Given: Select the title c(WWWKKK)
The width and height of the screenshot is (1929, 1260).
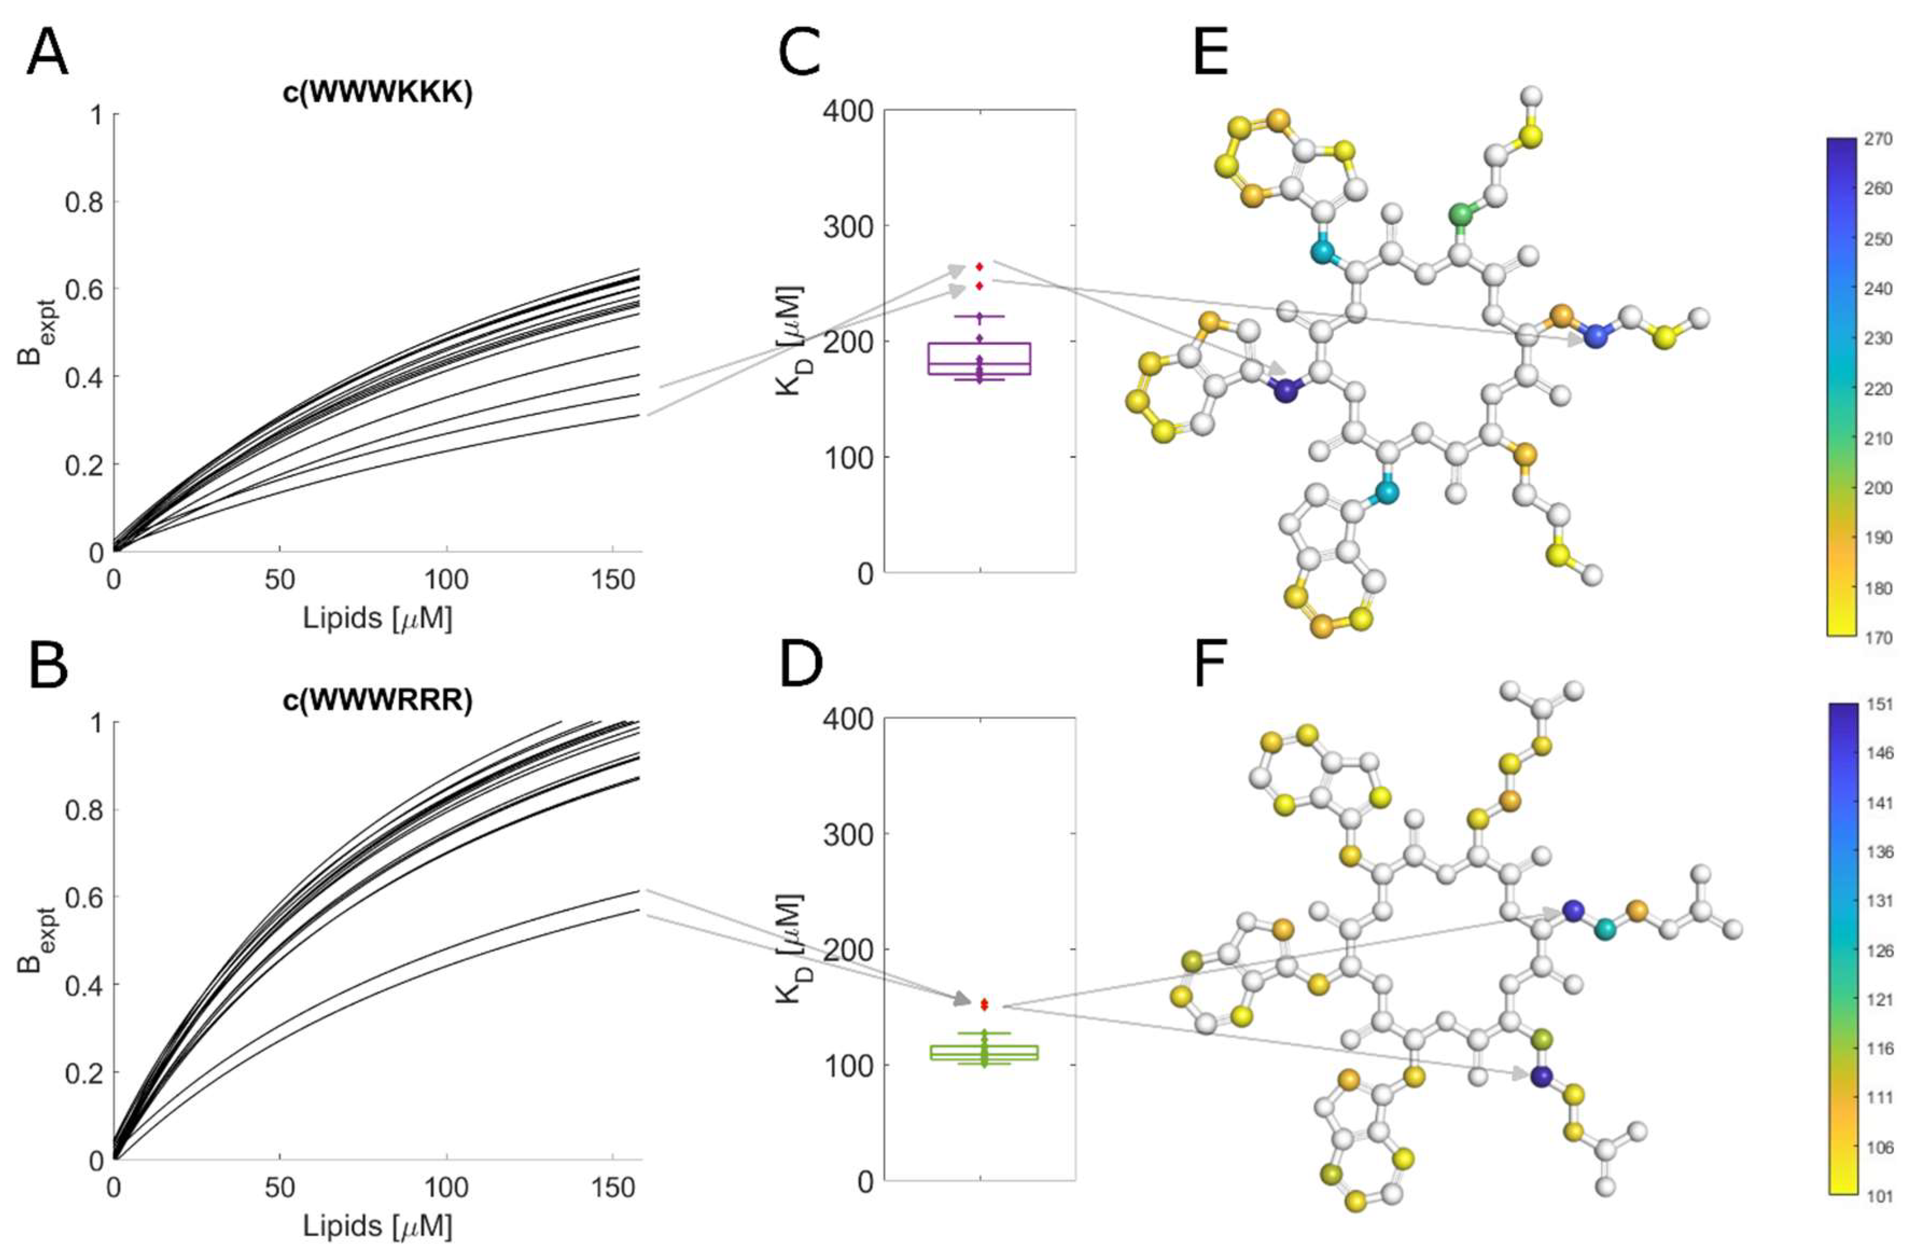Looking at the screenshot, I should pos(377,93).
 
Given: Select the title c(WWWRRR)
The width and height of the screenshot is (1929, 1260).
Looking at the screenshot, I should pos(377,700).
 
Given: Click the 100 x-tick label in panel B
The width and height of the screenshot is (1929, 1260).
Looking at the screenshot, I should pos(446,1187).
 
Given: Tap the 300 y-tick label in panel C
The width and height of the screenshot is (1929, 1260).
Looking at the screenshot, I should pos(848,226).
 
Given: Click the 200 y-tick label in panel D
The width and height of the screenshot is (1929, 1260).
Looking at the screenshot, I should pos(848,949).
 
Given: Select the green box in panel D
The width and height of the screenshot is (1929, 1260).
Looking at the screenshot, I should pos(983,1053).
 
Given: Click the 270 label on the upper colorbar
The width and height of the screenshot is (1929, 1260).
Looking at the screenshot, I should pos(1878,140).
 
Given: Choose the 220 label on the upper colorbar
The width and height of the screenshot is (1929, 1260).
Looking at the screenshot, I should pos(1878,389).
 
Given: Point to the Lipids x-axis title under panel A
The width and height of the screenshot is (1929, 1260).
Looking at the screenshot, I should pos(377,618).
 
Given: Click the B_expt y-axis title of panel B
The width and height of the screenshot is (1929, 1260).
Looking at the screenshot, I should pos(31,941).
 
